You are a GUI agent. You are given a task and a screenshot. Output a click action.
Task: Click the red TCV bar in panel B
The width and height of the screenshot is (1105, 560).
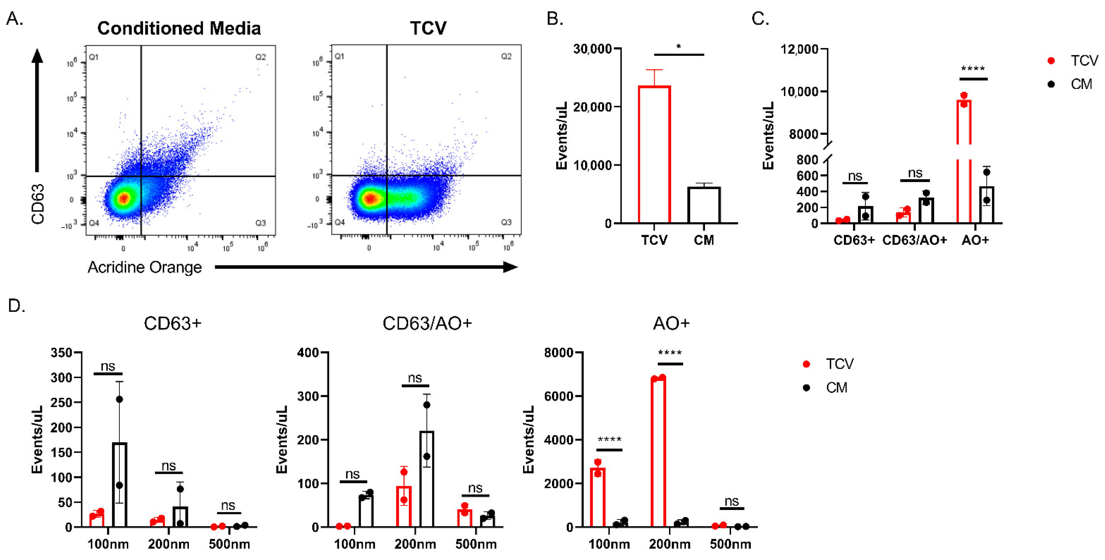point(654,155)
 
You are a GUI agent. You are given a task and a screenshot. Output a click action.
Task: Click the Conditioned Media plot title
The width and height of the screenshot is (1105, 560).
point(179,28)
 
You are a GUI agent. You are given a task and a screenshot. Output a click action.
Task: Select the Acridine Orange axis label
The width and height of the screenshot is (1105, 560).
point(144,267)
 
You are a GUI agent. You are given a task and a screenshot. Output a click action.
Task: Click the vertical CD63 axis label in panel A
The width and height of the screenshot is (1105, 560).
point(38,204)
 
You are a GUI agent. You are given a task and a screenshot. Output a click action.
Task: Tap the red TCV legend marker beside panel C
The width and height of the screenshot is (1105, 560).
point(1051,61)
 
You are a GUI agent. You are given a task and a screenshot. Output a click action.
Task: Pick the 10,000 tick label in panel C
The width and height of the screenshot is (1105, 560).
point(799,91)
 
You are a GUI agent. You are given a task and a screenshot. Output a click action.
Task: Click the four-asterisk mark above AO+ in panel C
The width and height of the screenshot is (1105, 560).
point(973,69)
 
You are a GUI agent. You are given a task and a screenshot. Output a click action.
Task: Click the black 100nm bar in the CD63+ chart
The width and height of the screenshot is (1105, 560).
point(120,485)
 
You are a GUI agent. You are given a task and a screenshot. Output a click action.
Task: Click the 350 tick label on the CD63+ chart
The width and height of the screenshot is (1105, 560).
point(61,353)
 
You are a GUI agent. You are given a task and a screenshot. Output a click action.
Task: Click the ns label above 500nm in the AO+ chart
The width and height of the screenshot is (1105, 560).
point(731,501)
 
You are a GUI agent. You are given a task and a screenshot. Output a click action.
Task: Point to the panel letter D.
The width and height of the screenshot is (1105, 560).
point(16,306)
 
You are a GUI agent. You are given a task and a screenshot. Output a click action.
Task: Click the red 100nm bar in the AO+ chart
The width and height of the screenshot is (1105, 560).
point(597,498)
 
